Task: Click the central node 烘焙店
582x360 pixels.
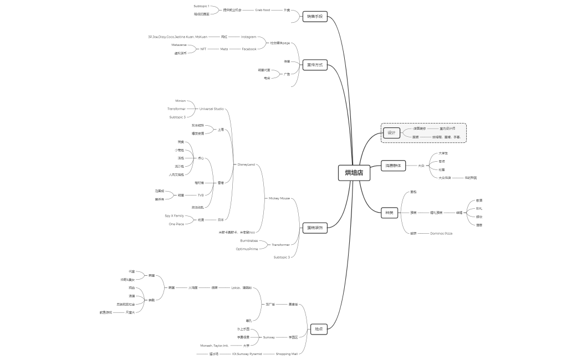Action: [x=354, y=173]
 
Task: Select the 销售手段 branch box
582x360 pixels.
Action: [x=314, y=17]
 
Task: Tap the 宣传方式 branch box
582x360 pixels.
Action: [x=314, y=65]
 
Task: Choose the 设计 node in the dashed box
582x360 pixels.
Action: [x=391, y=133]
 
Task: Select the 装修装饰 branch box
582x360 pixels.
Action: [x=314, y=227]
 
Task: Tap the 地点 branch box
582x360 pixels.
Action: [x=318, y=329]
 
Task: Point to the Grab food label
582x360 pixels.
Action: [x=263, y=10]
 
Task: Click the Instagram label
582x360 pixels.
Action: [x=248, y=37]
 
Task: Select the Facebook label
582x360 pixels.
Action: [x=249, y=49]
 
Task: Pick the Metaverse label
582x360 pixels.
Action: [x=179, y=44]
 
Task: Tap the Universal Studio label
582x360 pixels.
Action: [x=212, y=109]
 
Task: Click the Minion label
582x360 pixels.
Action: [x=181, y=101]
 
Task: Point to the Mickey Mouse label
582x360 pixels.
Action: [x=279, y=198]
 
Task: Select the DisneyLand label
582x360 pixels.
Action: [x=246, y=164]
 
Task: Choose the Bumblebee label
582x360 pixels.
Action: [x=249, y=240]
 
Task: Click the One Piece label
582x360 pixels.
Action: [x=176, y=224]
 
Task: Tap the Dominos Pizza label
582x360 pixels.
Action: [x=441, y=233]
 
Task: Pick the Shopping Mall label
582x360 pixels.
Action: [x=287, y=353]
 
